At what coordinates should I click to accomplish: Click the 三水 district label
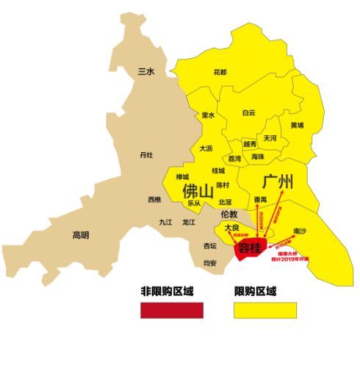click(x=146, y=71)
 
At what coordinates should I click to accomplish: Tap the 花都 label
click(x=220, y=73)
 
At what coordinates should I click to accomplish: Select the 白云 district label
click(x=249, y=112)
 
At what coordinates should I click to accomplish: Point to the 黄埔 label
click(x=296, y=125)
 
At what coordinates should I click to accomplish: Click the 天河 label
click(x=270, y=137)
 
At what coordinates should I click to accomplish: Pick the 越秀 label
click(x=250, y=144)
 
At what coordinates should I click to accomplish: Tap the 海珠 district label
click(x=258, y=157)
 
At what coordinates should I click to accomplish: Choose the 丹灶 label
click(x=146, y=155)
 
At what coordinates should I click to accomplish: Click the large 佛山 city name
click(x=199, y=190)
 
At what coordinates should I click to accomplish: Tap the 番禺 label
click(x=260, y=199)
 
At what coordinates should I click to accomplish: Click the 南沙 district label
click(x=300, y=231)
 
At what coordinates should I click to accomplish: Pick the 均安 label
click(x=210, y=262)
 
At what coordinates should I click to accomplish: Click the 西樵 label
click(x=154, y=199)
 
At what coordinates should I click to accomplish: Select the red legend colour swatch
click(x=171, y=310)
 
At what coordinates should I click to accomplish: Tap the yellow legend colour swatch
click(x=265, y=310)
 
